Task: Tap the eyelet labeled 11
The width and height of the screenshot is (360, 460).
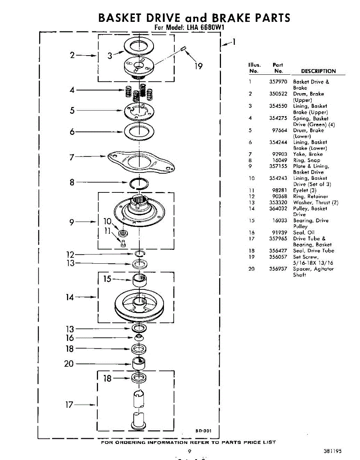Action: tap(123, 243)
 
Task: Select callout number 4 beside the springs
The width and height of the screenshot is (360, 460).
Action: tap(72, 90)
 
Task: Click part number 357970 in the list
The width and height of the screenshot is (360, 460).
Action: tap(278, 82)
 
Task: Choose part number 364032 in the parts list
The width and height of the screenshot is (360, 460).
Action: tap(278, 209)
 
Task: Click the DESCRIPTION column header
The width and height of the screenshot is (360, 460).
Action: tap(318, 71)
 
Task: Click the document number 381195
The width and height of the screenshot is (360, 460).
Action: tap(332, 451)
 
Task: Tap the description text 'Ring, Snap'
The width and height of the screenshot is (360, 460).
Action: tap(306, 160)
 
